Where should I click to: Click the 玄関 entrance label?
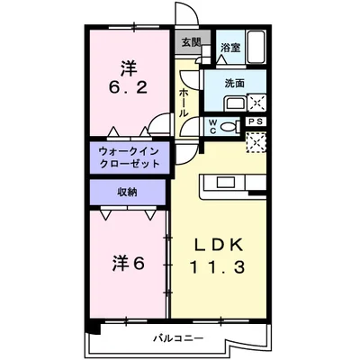click(x=191, y=41)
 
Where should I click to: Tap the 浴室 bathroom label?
click(x=229, y=48)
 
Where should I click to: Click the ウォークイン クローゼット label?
click(x=128, y=157)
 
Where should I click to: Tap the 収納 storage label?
click(x=127, y=192)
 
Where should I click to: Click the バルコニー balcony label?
click(x=176, y=337)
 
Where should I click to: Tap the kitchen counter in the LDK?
click(x=230, y=184)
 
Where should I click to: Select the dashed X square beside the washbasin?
click(x=256, y=101)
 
